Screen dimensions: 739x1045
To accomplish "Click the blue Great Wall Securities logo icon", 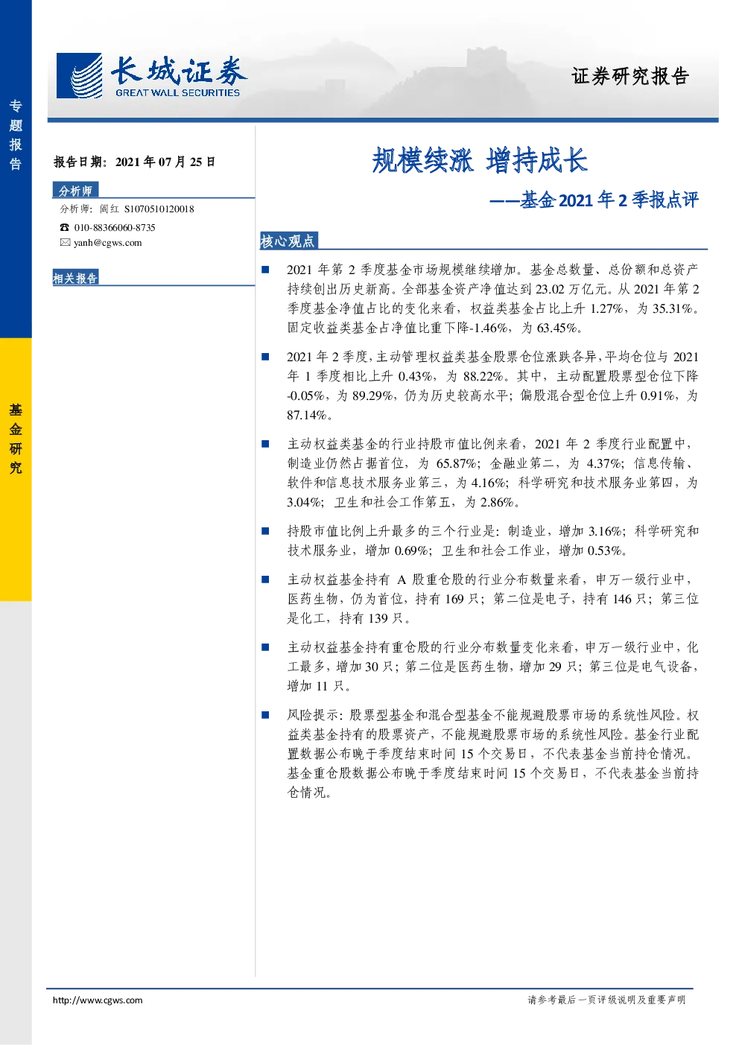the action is click(79, 75).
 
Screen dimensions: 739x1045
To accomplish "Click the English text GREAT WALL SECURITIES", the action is click(178, 93).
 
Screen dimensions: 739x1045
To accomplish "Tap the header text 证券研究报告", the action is click(630, 76).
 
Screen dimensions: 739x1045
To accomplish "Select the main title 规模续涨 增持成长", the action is click(480, 160).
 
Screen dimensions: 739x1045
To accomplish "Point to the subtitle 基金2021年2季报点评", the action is click(609, 200).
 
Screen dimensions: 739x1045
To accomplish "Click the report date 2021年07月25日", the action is click(165, 162).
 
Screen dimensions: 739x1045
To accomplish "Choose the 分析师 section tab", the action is click(75, 190).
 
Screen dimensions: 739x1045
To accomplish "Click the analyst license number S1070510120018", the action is click(159, 209).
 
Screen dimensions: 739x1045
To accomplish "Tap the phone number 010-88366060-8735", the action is click(115, 228).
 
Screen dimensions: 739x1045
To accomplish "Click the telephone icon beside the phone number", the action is click(64, 228).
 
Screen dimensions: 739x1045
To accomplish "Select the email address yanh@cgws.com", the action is click(108, 243).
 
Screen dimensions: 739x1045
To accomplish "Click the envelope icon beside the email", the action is click(65, 242).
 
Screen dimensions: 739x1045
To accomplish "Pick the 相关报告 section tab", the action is click(75, 278).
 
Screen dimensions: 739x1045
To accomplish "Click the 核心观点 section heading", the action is click(288, 241).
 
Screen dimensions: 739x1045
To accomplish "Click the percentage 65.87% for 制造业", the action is click(456, 464).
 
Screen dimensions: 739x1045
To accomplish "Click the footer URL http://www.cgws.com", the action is click(98, 1000).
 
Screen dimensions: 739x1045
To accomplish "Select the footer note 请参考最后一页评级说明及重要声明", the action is click(606, 1000).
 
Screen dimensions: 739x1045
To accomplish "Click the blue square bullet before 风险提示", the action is click(265, 715).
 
